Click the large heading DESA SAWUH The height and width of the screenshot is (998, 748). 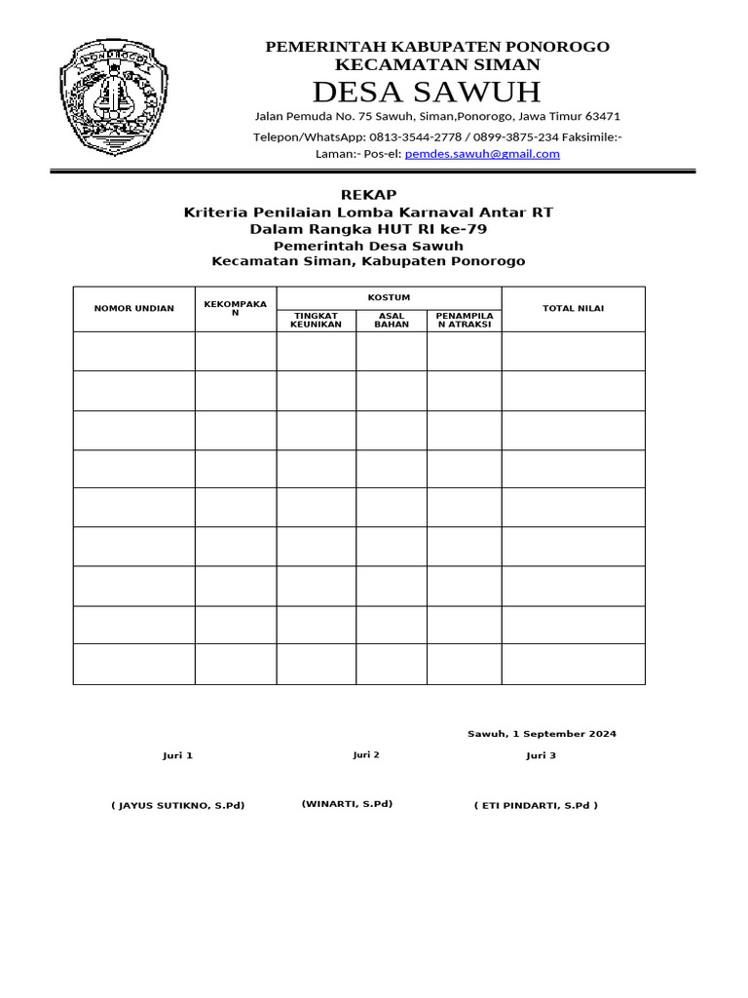click(x=426, y=93)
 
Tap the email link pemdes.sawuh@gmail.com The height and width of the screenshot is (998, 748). click(x=482, y=154)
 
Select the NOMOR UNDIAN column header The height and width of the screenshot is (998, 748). click(x=133, y=308)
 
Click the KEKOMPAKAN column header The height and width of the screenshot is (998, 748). click(x=235, y=308)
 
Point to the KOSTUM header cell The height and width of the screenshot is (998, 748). click(x=389, y=297)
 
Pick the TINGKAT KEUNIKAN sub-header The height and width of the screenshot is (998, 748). click(x=316, y=321)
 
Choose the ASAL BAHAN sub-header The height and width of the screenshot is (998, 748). click(x=392, y=321)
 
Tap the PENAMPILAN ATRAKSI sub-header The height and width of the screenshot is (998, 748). click(x=464, y=321)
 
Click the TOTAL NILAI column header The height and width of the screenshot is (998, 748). click(x=573, y=308)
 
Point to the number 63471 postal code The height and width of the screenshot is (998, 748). click(x=602, y=116)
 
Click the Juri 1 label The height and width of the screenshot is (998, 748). click(x=177, y=755)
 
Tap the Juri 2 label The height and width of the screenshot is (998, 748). click(x=366, y=754)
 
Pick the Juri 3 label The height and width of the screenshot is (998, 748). click(x=542, y=755)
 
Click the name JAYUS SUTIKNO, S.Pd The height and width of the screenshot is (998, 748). click(x=177, y=805)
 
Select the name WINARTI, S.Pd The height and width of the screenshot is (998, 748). click(x=347, y=804)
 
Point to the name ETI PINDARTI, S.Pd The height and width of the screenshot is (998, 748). click(x=536, y=805)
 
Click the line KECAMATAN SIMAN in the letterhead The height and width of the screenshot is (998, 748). click(x=437, y=64)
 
